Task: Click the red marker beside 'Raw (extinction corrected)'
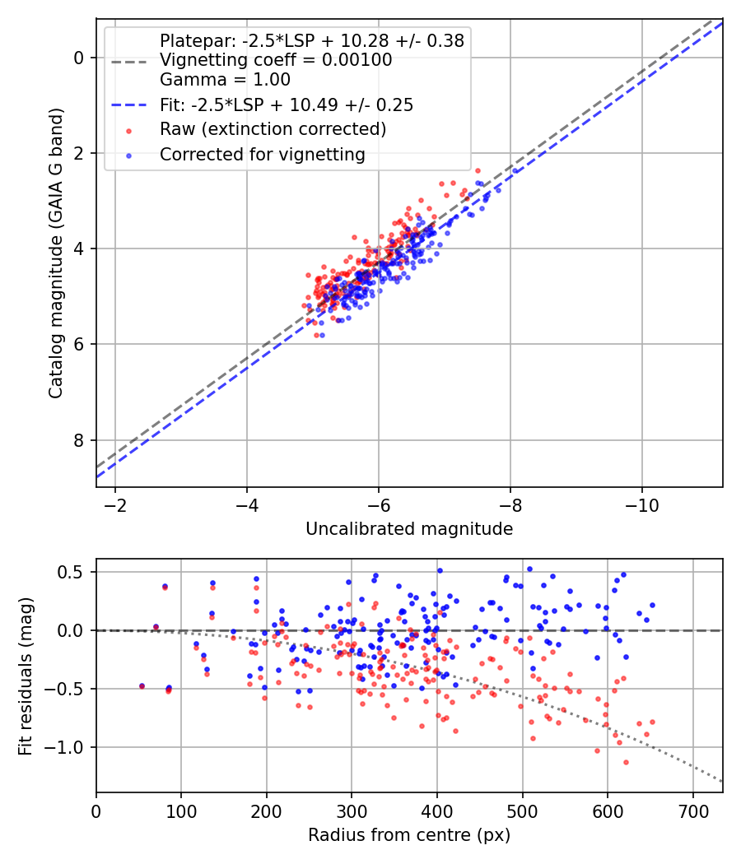pos(129,131)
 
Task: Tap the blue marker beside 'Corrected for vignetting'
pos(129,156)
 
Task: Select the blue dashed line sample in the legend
pos(129,105)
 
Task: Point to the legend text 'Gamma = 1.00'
pos(225,80)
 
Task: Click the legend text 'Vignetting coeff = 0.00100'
pos(276,59)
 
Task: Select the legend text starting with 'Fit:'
pos(287,105)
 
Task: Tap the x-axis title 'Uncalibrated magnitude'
pos(409,528)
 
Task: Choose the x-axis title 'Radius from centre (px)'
pos(409,835)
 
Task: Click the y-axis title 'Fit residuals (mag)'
pos(25,676)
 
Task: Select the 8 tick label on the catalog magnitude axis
pos(78,439)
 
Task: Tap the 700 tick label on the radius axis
pos(692,811)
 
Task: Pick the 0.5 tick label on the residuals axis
pos(71,572)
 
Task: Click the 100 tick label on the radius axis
pos(181,811)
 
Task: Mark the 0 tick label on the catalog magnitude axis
pos(78,58)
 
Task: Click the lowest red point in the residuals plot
pos(626,762)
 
